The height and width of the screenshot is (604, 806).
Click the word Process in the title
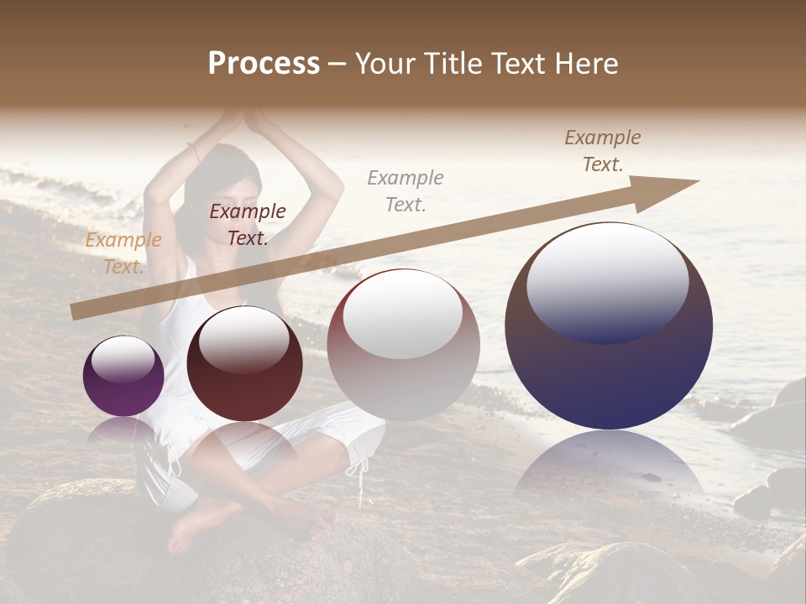tap(264, 64)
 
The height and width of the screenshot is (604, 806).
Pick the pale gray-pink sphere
tap(403, 346)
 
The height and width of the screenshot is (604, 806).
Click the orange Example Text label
tap(123, 253)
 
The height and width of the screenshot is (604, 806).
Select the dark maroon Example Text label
tap(247, 224)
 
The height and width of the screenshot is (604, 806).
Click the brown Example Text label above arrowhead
tap(603, 150)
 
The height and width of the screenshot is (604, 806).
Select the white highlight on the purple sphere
tap(123, 361)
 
